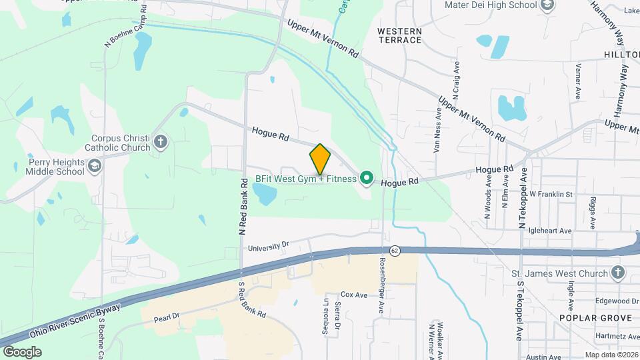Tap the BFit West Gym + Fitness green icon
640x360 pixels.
tap(365, 178)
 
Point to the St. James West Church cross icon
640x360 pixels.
tap(618, 273)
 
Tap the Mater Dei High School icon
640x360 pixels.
tap(547, 6)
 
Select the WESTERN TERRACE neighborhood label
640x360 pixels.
tap(399, 35)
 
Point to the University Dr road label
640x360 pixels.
tap(268, 247)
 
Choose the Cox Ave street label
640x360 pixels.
tap(354, 294)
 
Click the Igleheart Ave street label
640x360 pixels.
tap(550, 231)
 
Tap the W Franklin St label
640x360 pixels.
tap(551, 194)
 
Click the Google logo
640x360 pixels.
tap(22, 351)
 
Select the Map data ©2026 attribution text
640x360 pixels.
tap(611, 355)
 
